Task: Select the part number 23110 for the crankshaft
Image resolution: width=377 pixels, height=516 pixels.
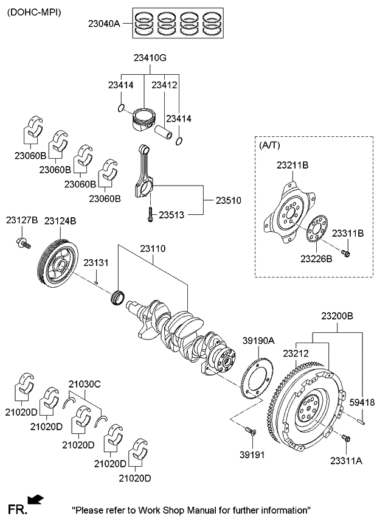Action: (x=153, y=249)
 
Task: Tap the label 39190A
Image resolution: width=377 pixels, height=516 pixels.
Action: (x=259, y=341)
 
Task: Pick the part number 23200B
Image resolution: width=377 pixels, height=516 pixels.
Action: (x=337, y=316)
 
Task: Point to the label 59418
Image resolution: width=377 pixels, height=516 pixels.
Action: (x=362, y=402)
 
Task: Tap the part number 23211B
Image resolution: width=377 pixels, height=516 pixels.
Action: (x=292, y=164)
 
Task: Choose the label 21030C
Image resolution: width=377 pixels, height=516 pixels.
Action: (x=85, y=384)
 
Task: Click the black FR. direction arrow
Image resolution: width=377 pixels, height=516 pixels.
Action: (x=36, y=500)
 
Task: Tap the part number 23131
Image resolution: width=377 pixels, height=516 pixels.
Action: (x=95, y=263)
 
